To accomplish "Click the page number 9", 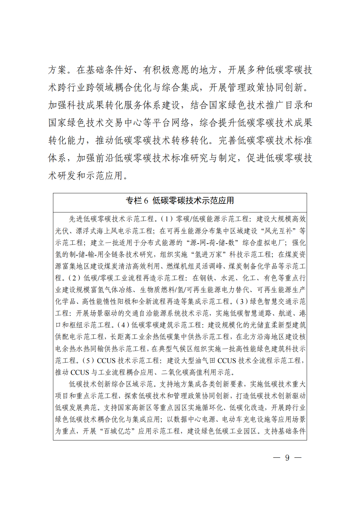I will pyautogui.click(x=287, y=457).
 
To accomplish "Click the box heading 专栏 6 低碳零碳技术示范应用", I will pyautogui.click(x=180, y=200).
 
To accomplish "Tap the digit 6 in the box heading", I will pyautogui.click(x=146, y=201).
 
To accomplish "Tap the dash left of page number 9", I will pyautogui.click(x=276, y=457).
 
